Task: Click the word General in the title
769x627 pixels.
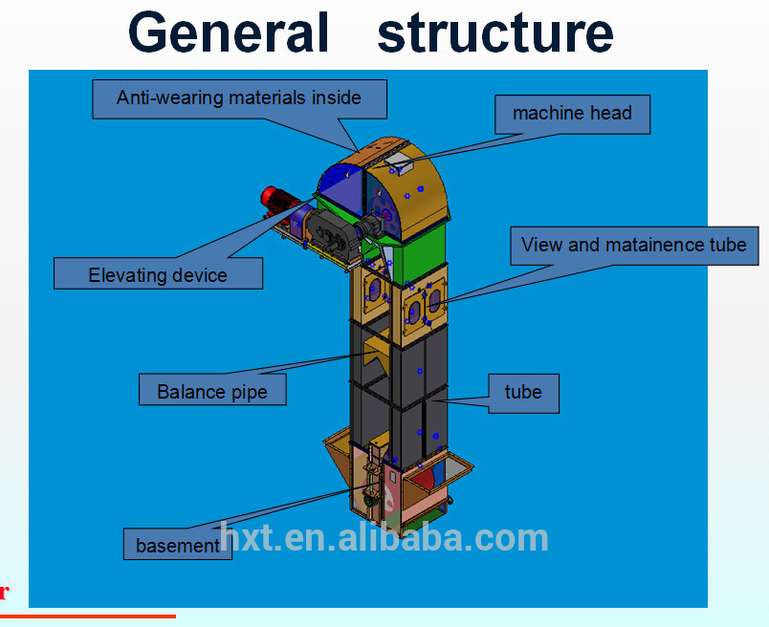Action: coord(229,32)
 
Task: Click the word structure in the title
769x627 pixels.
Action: coord(495,32)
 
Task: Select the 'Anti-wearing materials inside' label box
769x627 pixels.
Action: coord(239,98)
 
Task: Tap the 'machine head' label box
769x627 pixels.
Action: coord(572,114)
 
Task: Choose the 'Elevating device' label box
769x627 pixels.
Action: coord(158,275)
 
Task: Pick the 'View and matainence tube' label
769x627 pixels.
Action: coord(633,245)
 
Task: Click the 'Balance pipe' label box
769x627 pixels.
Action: coord(211,392)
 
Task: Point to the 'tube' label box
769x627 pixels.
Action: coord(523,392)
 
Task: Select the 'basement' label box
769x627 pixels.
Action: coord(178,546)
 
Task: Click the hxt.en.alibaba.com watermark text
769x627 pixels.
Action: coord(384,537)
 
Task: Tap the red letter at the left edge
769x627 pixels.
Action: coord(4,592)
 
